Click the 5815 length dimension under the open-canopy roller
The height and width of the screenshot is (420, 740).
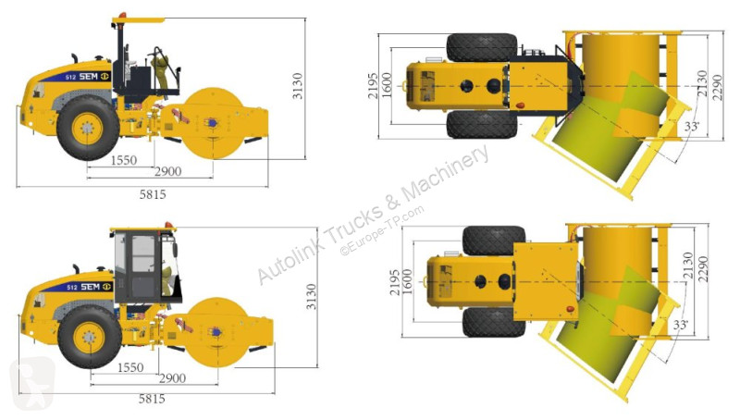[x=153, y=194]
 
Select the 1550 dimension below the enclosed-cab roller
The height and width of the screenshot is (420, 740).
[x=130, y=367]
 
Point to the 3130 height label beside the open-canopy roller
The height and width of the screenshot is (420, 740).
[x=297, y=85]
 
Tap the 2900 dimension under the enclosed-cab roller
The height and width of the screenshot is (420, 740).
[x=172, y=378]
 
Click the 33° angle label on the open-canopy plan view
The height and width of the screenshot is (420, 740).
[x=691, y=126]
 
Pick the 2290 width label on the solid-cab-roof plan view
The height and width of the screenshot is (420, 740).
[x=703, y=269]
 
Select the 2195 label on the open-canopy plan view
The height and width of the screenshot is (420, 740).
[x=373, y=86]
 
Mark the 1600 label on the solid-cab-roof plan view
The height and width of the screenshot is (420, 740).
[x=407, y=282]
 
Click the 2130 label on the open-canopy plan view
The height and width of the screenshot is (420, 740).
[x=703, y=83]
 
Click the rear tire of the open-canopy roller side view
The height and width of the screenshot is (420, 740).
[x=88, y=128]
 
